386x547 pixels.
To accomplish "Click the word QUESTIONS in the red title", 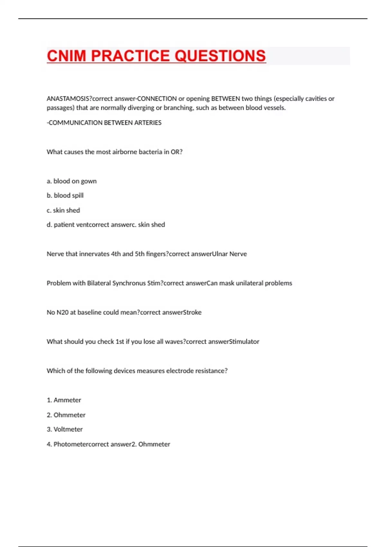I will click(x=220, y=56).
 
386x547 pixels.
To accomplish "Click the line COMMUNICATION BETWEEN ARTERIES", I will click(x=104, y=123).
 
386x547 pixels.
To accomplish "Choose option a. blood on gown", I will click(x=71, y=181).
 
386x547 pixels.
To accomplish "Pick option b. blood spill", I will click(x=65, y=196).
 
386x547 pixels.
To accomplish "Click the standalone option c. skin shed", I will click(x=63, y=210).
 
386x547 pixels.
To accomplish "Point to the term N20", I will click(x=62, y=312).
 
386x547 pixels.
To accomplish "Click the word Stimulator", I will click(x=244, y=342).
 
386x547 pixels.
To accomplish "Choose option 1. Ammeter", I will click(x=64, y=400).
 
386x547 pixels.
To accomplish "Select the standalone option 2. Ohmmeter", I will click(x=66, y=415).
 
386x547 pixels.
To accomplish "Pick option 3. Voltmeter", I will click(x=65, y=430).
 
